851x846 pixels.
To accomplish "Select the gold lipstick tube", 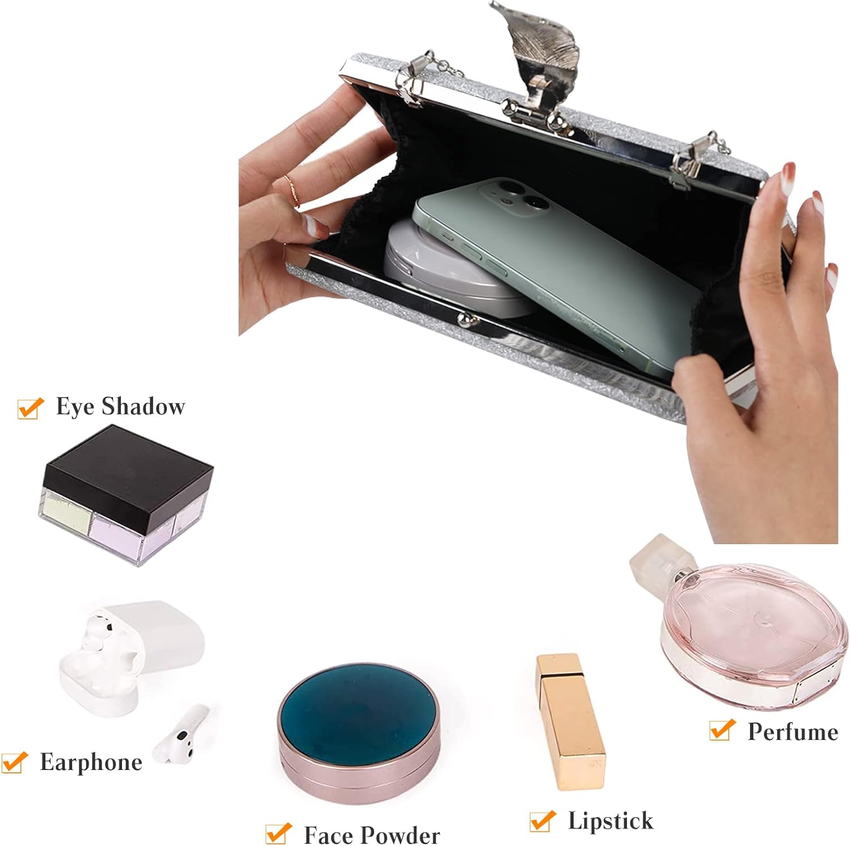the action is tap(570, 721).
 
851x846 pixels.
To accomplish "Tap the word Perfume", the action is tap(793, 732).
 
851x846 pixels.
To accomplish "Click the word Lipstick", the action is tap(610, 820).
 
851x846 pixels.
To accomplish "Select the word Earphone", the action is tap(91, 762).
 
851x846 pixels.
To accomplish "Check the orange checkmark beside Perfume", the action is tap(722, 730).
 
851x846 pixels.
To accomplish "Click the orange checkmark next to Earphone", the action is tap(14, 762).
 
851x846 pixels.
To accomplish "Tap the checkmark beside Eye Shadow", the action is tap(31, 408).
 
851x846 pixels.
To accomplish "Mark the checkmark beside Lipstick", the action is tap(542, 820).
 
